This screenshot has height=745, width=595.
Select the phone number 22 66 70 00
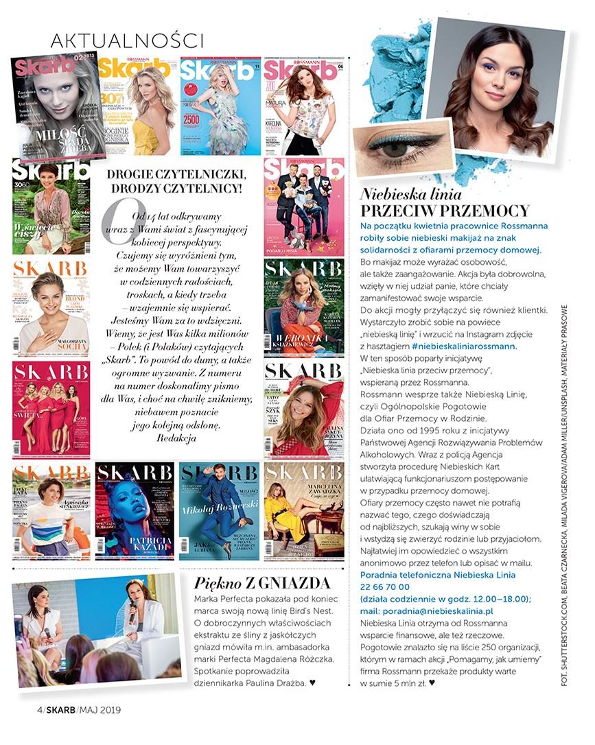[385, 587]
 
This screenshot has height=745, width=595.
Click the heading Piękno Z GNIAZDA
[262, 584]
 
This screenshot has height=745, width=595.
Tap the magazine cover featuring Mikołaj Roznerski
[218, 512]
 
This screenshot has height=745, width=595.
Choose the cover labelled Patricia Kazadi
[134, 512]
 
